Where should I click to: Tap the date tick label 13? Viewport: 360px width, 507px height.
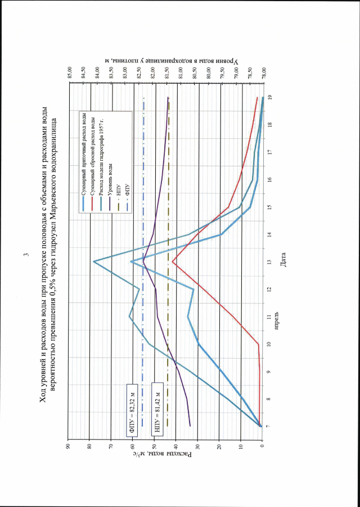coord(271,261)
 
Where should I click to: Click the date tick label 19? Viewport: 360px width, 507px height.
coord(271,97)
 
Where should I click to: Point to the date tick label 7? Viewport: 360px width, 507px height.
coord(271,426)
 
